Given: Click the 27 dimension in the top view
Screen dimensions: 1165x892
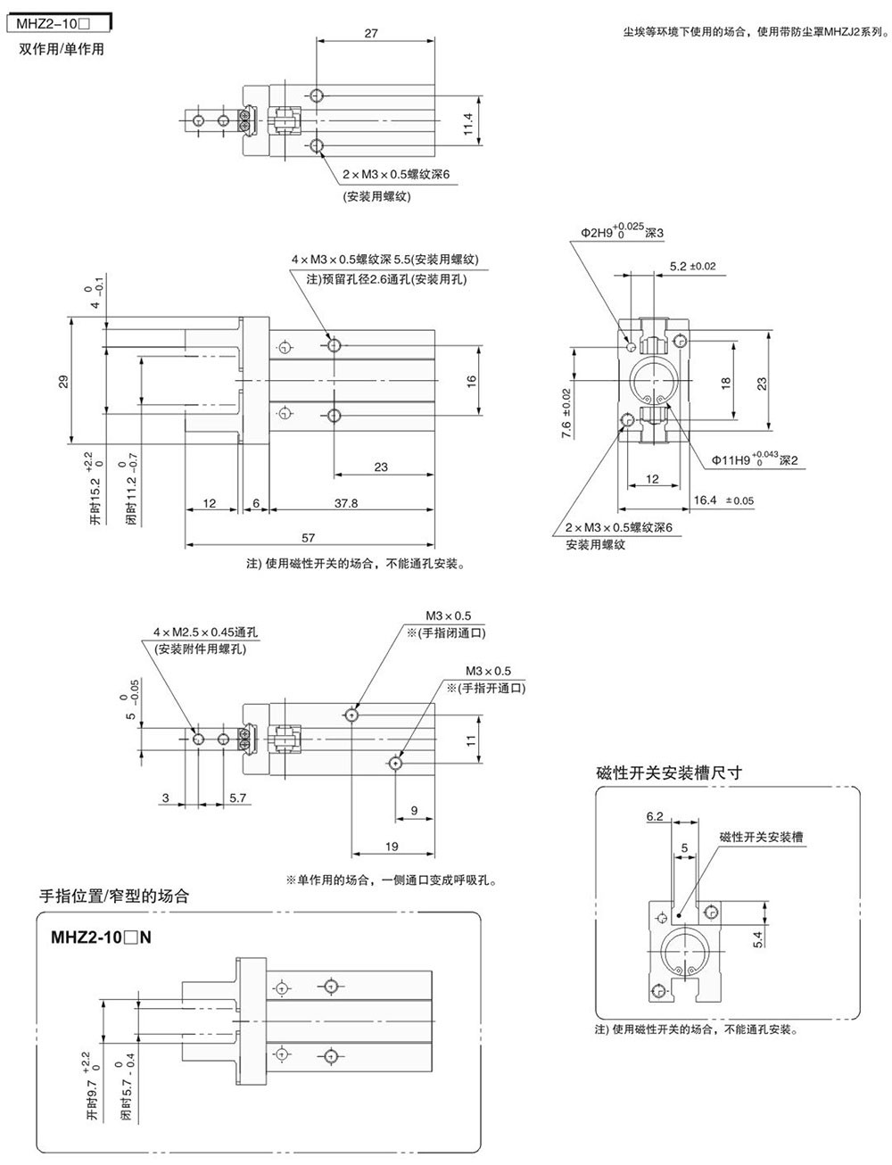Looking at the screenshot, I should pyautogui.click(x=371, y=34).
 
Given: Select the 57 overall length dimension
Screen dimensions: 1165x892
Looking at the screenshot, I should pyautogui.click(x=309, y=538).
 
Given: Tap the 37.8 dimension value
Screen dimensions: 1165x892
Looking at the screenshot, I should pyautogui.click(x=346, y=503).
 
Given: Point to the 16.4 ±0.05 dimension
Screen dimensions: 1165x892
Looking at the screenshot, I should pyautogui.click(x=723, y=500).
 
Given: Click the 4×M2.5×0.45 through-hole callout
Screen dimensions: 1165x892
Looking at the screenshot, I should pyautogui.click(x=200, y=632).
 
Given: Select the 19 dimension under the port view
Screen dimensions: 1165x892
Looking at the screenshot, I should pyautogui.click(x=392, y=847).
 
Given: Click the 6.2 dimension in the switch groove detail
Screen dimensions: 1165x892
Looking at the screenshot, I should pyautogui.click(x=655, y=816).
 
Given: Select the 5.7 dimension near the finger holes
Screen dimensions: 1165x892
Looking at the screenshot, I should pyautogui.click(x=237, y=798).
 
